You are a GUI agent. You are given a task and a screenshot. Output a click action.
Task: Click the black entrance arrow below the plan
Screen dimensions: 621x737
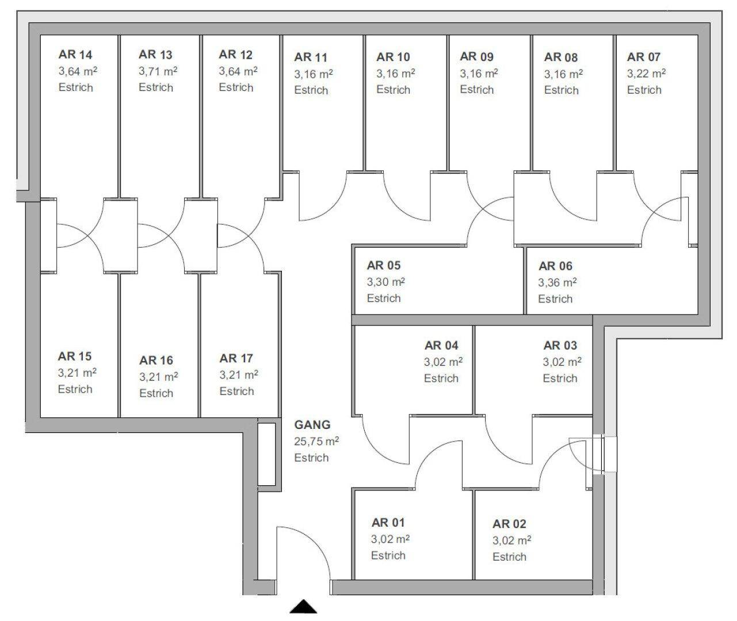[303, 606]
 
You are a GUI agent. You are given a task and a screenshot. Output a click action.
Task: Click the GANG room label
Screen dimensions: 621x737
[312, 425]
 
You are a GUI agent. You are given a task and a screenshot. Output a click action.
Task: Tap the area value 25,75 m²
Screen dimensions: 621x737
[316, 442]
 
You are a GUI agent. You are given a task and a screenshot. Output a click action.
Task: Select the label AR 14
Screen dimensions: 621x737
[75, 55]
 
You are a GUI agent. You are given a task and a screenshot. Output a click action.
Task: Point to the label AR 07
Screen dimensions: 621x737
[644, 57]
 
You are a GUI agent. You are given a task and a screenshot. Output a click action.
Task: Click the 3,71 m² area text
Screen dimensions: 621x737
[158, 71]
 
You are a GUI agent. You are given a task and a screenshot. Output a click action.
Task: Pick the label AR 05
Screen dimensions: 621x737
[384, 266]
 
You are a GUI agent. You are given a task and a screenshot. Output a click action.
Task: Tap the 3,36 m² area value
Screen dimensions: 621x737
[557, 282]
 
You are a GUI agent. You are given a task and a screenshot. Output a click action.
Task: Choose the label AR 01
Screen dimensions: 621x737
[388, 523]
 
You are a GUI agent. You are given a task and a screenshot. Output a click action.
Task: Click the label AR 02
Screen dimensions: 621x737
[509, 524]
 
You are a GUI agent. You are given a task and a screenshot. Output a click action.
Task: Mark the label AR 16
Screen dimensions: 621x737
[156, 361]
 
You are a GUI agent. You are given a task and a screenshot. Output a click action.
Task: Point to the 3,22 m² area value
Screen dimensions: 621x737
[646, 74]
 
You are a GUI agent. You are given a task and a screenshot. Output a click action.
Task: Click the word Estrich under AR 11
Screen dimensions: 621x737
[311, 90]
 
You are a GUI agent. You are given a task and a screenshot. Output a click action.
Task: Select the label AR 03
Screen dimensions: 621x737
[560, 346]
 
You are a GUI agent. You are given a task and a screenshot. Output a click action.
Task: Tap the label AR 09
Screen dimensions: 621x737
[477, 56]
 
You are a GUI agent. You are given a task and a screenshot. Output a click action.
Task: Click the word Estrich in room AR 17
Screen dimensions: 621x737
[236, 391]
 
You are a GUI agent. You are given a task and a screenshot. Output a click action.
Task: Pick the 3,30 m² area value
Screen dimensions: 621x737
[386, 282]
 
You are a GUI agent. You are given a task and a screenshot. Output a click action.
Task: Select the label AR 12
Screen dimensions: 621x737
[236, 55]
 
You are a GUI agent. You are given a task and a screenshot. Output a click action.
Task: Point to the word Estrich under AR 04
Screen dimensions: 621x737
[441, 378]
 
